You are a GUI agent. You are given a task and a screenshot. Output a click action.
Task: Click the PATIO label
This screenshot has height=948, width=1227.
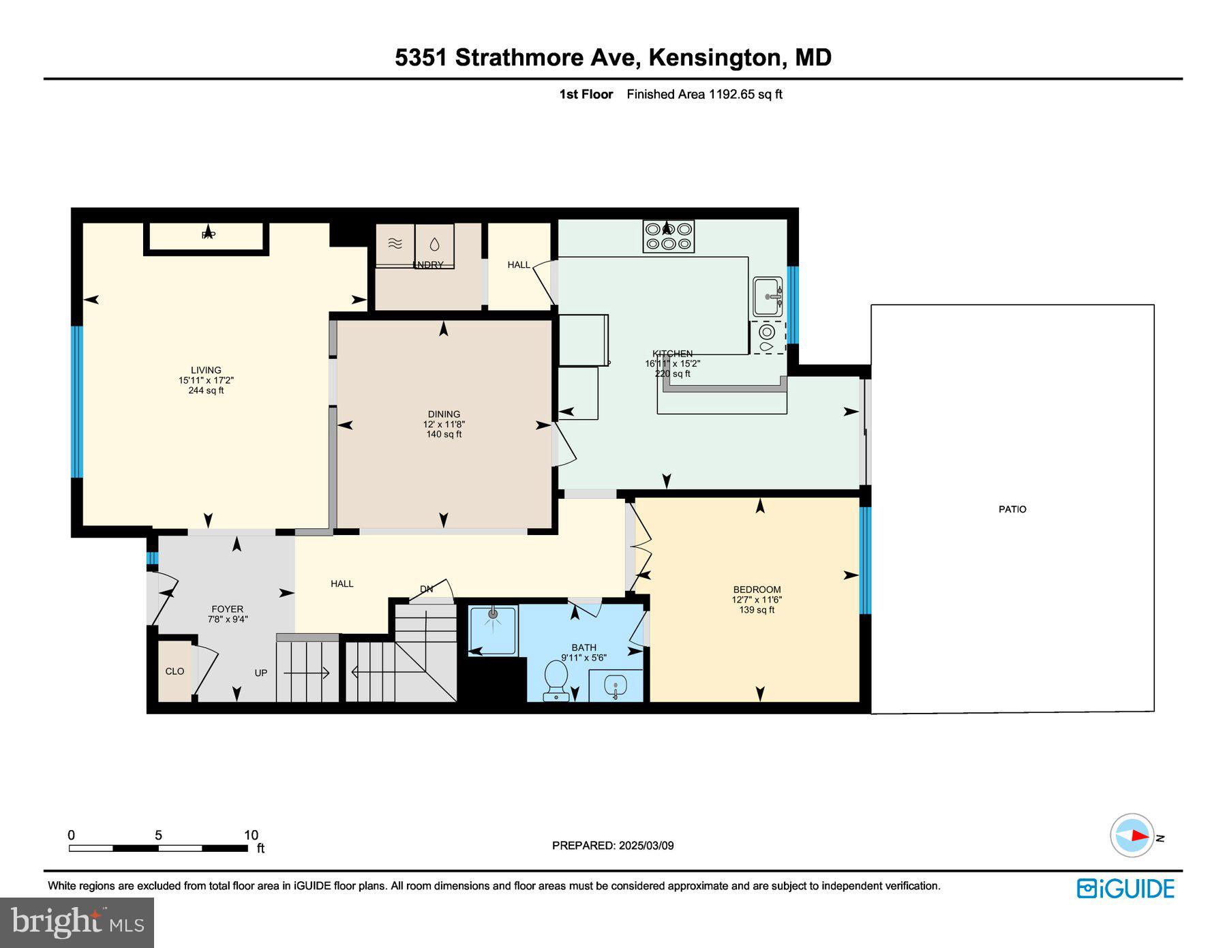tap(1012, 509)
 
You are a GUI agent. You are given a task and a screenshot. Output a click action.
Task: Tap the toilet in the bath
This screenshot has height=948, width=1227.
tap(556, 680)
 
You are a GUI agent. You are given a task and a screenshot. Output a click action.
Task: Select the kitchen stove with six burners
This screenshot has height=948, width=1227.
tap(668, 236)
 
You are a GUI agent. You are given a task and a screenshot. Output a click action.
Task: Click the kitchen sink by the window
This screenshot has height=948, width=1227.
tap(768, 296)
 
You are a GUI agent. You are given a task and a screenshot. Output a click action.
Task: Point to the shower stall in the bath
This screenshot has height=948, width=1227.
tap(493, 630)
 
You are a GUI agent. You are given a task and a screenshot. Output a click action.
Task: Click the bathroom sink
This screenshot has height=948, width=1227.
tap(616, 686)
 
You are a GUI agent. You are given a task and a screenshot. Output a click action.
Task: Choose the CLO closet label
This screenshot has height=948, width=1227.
tap(175, 671)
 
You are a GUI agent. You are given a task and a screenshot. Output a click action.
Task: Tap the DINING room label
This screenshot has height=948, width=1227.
tap(444, 414)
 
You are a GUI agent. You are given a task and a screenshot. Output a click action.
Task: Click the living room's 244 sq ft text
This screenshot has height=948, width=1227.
tap(206, 391)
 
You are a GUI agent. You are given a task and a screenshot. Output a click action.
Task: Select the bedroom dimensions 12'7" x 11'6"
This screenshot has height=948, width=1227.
tap(757, 600)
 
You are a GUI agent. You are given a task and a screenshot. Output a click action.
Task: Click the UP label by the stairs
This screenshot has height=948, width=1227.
tap(261, 673)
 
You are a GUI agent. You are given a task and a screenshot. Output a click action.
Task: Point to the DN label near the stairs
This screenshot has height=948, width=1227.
tap(426, 589)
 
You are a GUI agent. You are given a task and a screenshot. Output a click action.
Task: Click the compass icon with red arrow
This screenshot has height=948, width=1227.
tap(1132, 835)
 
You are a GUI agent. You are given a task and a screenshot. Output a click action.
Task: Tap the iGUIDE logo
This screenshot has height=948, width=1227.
tap(1125, 889)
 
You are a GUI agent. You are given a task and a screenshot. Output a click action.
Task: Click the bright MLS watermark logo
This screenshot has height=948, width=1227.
tap(77, 922)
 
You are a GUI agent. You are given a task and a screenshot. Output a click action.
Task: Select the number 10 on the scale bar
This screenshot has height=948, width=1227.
tap(251, 835)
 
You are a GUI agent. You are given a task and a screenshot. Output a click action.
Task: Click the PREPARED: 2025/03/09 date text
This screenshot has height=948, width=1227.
tap(613, 845)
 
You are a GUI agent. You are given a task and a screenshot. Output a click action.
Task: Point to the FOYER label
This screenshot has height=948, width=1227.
tap(227, 609)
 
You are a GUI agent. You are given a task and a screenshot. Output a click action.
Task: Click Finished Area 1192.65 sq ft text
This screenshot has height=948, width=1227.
tap(704, 94)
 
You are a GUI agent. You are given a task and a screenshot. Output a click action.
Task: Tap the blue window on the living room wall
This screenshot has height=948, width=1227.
tap(77, 402)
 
